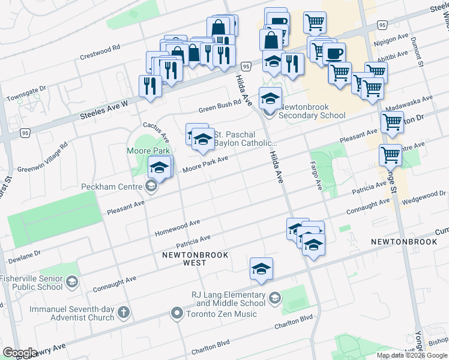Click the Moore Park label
148,151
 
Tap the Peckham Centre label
112,187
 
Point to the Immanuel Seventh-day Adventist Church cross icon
124,312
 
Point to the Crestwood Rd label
100,52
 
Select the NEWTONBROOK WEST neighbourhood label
187,259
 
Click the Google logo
20,353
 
